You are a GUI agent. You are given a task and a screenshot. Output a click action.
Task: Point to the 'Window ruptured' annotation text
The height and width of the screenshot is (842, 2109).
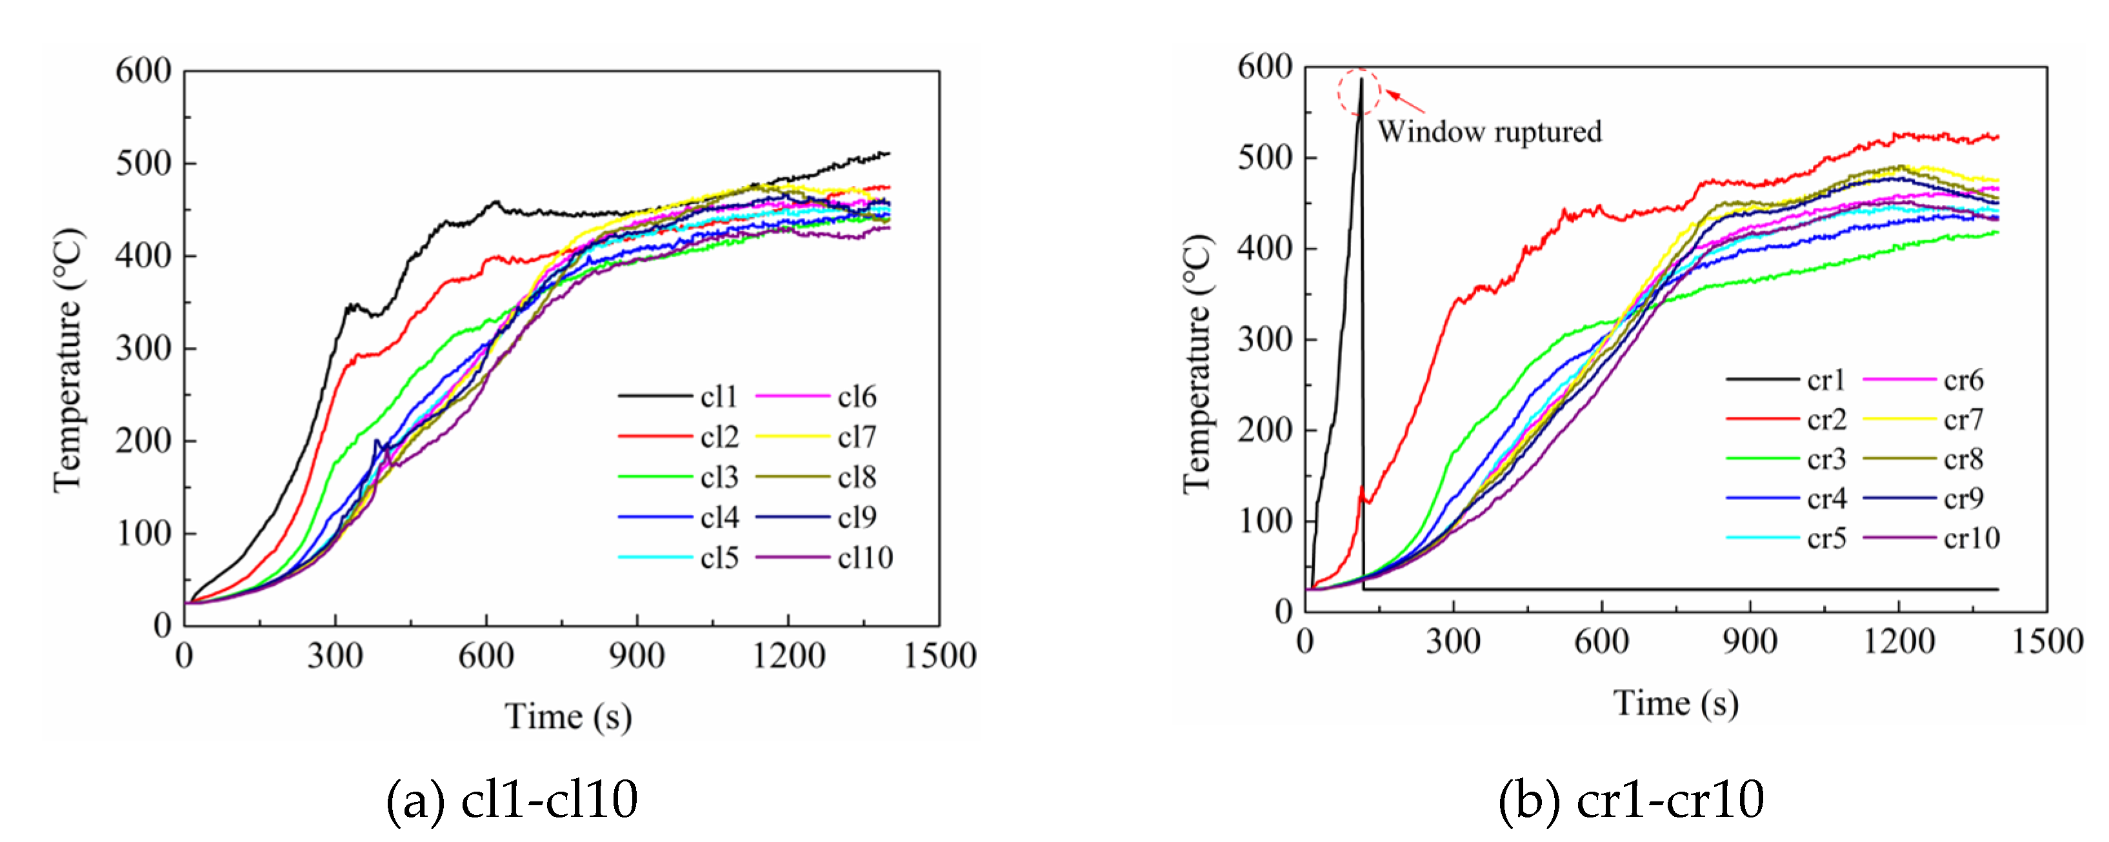click(1489, 132)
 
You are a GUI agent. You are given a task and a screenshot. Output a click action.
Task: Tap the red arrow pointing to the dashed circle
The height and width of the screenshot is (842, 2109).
click(1405, 101)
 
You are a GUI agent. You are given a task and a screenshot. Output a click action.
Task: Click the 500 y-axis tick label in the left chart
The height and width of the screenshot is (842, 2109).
click(143, 163)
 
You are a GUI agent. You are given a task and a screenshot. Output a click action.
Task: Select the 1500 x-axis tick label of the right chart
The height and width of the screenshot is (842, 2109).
click(2047, 641)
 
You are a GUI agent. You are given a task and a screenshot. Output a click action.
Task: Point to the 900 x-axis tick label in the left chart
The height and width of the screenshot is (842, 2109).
click(637, 656)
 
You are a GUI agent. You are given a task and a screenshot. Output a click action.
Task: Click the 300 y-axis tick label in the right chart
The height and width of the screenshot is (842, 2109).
click(1265, 339)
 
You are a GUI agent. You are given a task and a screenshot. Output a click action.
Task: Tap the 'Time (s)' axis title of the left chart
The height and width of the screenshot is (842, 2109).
click(568, 717)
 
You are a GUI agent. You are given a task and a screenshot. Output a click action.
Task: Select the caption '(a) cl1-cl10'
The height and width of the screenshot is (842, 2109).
click(512, 799)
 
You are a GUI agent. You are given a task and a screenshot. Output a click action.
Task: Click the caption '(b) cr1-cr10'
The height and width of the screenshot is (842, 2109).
click(1631, 799)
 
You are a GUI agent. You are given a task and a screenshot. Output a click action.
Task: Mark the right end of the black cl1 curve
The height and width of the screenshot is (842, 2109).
click(889, 153)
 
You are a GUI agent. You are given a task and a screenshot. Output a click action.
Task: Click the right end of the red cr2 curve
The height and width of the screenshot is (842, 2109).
click(1997, 137)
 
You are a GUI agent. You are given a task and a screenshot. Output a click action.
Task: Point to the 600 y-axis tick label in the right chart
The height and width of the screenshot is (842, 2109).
click(1265, 67)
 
